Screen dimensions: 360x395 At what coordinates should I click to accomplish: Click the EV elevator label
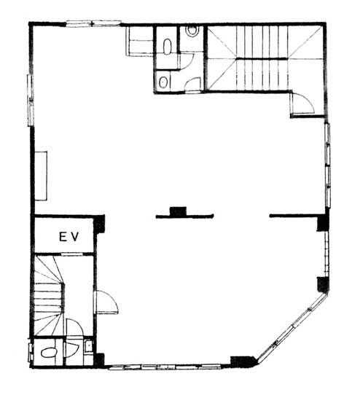point(69,237)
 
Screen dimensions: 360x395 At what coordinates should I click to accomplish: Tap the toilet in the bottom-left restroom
point(49,352)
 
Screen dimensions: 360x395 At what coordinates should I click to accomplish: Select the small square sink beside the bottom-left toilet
point(88,346)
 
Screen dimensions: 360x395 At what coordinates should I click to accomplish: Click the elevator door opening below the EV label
point(72,254)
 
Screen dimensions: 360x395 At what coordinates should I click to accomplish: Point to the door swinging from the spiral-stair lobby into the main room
point(107,302)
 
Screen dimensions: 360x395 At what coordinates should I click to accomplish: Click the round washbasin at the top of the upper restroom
point(192,31)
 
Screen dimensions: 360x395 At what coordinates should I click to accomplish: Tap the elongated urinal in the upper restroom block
point(167,47)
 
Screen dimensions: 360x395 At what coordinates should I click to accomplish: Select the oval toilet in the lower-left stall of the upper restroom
point(163,82)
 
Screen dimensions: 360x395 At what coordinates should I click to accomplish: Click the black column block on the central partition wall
point(178,211)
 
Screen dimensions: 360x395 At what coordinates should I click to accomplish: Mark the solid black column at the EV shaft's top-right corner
point(99,224)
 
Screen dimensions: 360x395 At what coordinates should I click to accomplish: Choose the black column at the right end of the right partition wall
point(323,222)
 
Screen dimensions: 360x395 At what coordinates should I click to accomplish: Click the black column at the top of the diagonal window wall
point(323,284)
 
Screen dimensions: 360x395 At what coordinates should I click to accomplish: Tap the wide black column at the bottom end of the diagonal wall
point(244,361)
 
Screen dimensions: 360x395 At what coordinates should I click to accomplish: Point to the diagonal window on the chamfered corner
point(293,329)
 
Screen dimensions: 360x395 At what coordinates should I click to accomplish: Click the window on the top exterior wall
point(93,23)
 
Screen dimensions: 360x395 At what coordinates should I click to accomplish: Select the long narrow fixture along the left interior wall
point(41,176)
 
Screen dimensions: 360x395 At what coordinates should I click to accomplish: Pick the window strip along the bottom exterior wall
point(165,367)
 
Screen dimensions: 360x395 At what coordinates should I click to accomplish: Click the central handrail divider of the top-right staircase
point(262,59)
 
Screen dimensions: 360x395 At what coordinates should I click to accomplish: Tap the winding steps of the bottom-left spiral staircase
point(48,296)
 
